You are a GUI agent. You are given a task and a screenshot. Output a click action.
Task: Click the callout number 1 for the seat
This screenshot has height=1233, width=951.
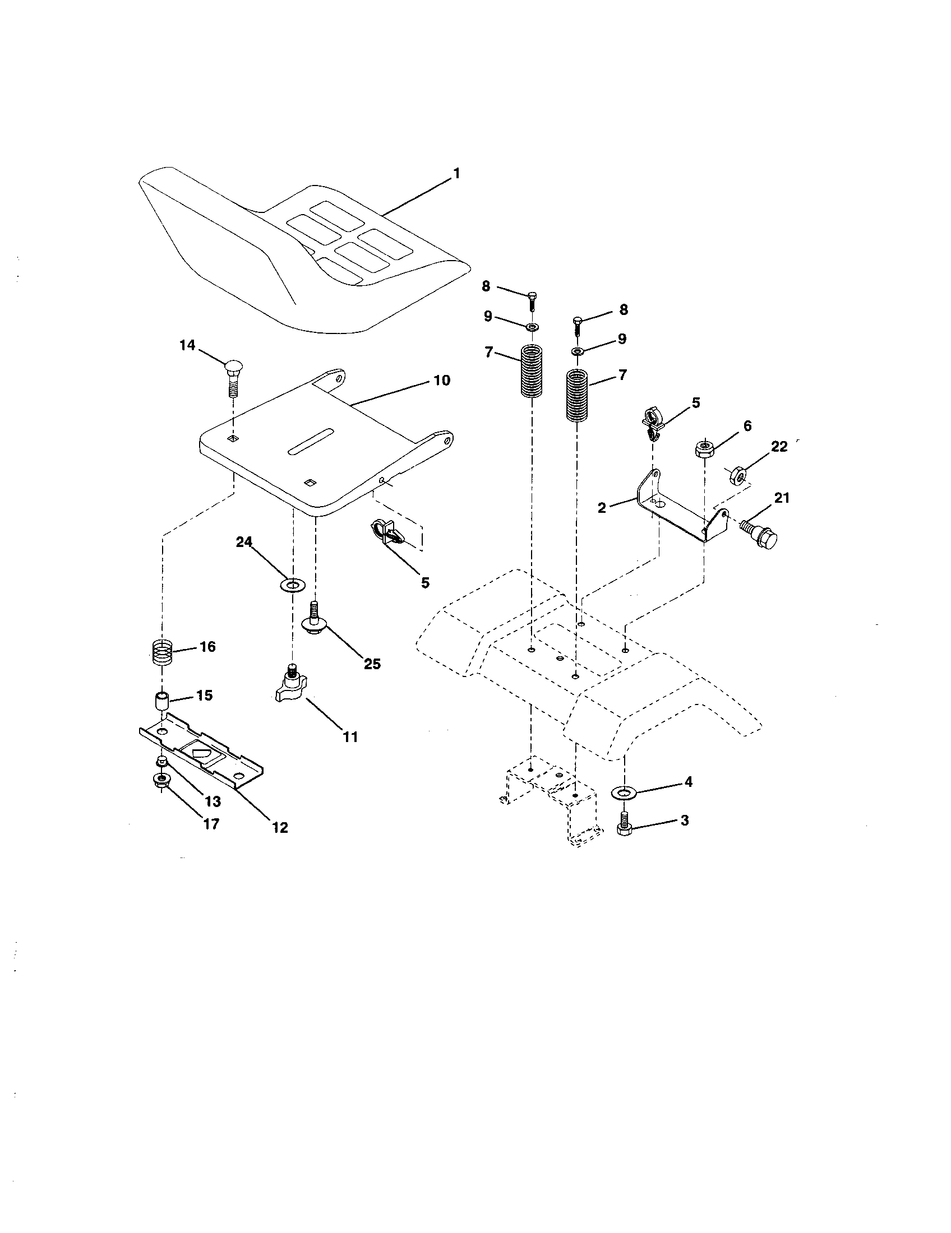[x=456, y=173]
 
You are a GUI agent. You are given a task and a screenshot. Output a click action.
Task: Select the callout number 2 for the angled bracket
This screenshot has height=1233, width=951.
[x=602, y=508]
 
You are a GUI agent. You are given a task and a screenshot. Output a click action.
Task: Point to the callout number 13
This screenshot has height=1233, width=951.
[x=213, y=801]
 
